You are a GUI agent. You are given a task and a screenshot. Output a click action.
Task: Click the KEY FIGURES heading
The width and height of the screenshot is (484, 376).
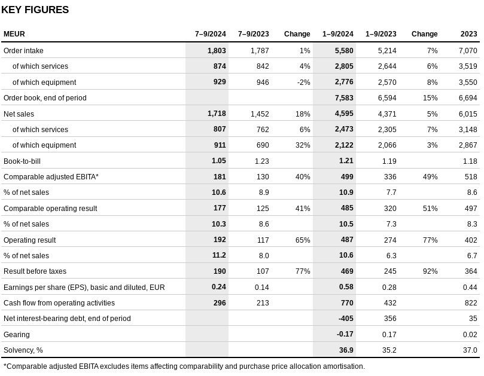[x=35, y=10]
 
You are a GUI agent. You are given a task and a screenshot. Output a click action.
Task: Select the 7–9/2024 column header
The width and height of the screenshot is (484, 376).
[x=210, y=34]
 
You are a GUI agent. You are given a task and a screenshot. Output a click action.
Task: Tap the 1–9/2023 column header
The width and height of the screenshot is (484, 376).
[x=381, y=34]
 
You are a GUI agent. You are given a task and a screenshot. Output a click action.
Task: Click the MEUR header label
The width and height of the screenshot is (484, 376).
[x=14, y=34]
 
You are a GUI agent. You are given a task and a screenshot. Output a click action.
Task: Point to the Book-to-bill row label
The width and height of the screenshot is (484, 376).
[x=22, y=161]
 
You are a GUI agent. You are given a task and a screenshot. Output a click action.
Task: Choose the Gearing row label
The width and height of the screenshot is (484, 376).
[x=17, y=334]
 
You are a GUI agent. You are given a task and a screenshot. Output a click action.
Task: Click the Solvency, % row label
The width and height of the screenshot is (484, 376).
[x=23, y=350]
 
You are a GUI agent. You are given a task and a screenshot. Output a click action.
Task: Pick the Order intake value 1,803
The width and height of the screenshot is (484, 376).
[x=217, y=51]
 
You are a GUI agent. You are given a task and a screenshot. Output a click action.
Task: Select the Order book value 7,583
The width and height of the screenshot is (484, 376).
[x=344, y=98]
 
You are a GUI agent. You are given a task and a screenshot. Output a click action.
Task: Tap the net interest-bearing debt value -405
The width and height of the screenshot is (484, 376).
[x=346, y=319]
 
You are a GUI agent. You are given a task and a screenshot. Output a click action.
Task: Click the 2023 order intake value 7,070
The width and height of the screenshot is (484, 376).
[x=468, y=51]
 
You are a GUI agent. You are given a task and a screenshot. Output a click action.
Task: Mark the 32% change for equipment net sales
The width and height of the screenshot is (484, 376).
[x=303, y=145]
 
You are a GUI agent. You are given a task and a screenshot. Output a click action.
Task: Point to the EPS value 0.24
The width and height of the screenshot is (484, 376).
[x=219, y=287]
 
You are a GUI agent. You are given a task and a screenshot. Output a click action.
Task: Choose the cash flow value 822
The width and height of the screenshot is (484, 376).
[x=471, y=303]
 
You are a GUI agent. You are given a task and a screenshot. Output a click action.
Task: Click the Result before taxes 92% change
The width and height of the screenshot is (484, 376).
[x=430, y=271]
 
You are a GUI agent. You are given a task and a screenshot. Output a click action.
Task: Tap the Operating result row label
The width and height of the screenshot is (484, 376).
[x=30, y=240]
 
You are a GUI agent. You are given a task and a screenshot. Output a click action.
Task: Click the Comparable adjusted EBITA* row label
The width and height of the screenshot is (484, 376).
[x=51, y=177]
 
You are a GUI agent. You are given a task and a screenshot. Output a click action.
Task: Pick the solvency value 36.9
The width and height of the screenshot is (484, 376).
[x=346, y=350]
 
